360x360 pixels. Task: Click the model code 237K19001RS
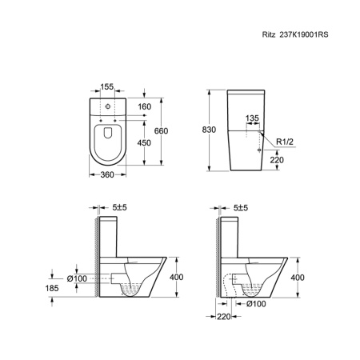[x=304, y=34]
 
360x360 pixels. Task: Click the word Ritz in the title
[x=269, y=34]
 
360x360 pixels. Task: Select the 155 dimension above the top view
[x=107, y=86]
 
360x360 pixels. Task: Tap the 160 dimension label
[x=145, y=106]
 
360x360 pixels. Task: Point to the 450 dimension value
[x=144, y=143]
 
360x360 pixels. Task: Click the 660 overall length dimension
[x=162, y=131]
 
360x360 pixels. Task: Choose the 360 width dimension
[x=107, y=174]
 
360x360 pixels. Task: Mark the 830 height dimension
[x=209, y=130]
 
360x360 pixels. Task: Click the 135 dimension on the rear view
[x=252, y=118]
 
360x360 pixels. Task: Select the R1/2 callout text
[x=285, y=142]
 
